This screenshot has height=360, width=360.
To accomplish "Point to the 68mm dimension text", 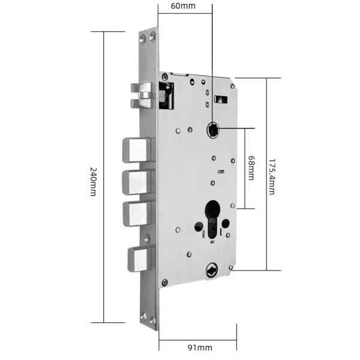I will point(251,169).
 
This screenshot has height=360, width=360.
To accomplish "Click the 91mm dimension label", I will point(200,347).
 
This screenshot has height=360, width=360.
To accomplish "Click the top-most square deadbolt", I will point(137,149).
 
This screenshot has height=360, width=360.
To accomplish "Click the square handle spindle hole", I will point(212,128).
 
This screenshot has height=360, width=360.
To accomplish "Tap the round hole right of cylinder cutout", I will point(226,224).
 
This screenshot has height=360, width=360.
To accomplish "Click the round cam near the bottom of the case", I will point(211,270).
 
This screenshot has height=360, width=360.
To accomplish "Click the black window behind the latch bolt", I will point(166,96).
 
